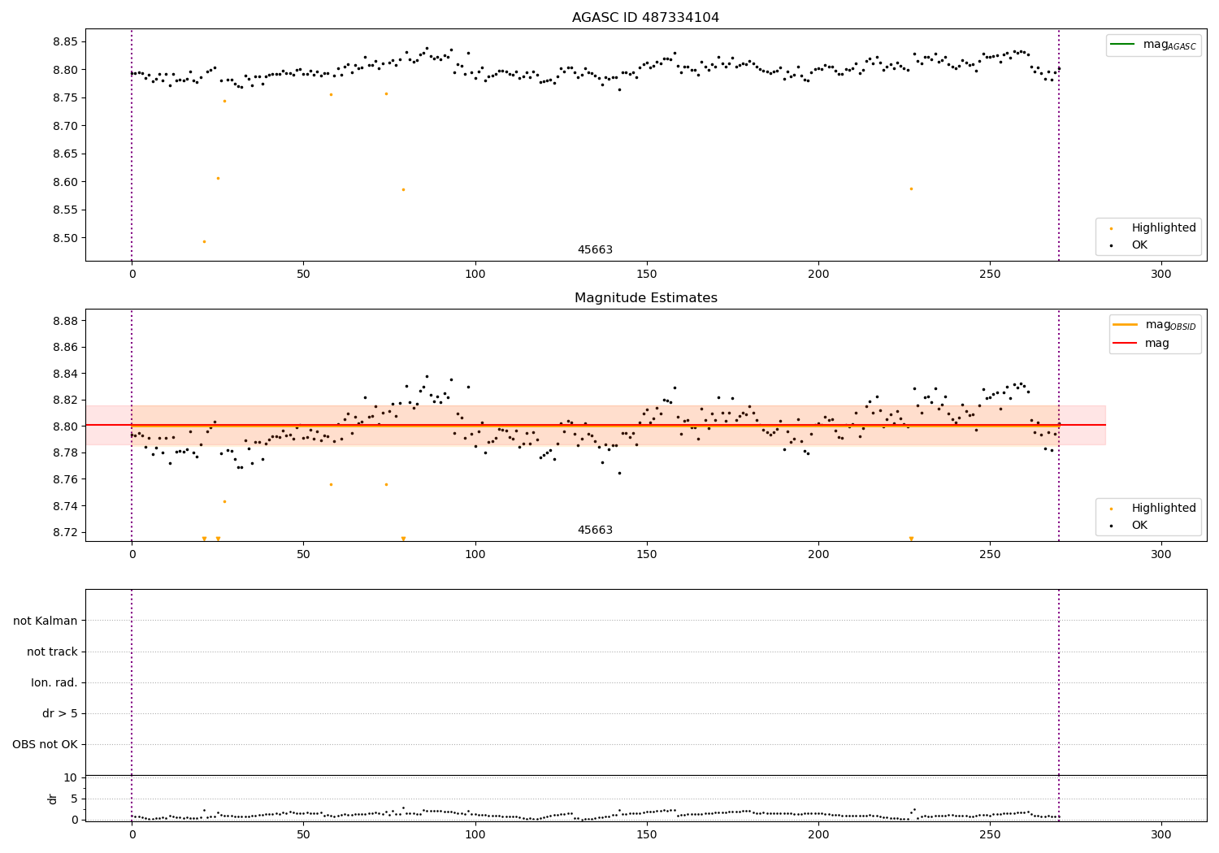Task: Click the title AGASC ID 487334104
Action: tap(645, 18)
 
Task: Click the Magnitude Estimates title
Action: tap(645, 298)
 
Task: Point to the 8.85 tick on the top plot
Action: tap(63, 41)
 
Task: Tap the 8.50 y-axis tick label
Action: tap(63, 238)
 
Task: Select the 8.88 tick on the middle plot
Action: tap(63, 321)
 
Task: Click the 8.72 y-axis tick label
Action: tap(63, 532)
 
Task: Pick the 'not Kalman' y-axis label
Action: tap(46, 621)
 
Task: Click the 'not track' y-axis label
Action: tap(52, 652)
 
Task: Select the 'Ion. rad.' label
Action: tap(54, 682)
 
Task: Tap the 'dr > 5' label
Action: tap(60, 713)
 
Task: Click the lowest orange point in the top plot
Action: tap(204, 241)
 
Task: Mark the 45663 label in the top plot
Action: tap(595, 250)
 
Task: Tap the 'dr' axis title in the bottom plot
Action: tap(53, 799)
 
